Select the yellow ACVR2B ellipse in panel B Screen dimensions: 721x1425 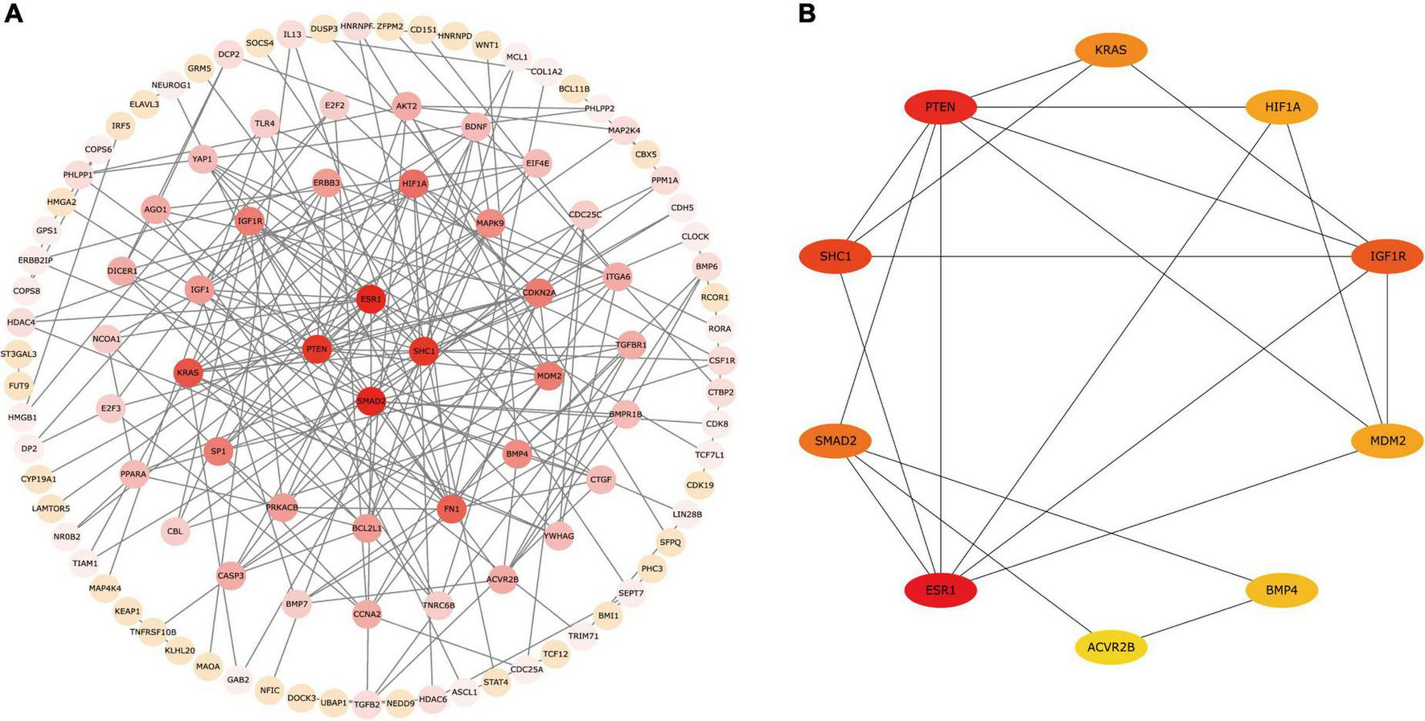tap(1111, 647)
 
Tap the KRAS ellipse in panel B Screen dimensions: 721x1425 tap(1111, 50)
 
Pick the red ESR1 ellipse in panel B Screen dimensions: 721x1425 tap(940, 591)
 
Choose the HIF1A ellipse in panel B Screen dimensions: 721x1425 tap(1281, 107)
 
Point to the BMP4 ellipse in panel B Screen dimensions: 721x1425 tap(1281, 591)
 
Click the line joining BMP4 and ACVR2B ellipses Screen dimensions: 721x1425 tap(1197, 619)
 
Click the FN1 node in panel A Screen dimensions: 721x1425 tap(452, 509)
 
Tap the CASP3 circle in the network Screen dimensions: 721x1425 tap(231, 576)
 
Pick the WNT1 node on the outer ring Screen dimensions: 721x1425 tap(487, 45)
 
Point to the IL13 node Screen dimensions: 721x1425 tap(292, 35)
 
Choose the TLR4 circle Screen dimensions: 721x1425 tap(265, 124)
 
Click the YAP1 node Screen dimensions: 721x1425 tap(202, 159)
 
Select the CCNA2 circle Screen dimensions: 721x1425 tap(367, 614)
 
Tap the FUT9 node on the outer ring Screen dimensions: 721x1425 tap(18, 386)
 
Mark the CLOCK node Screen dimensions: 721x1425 tap(695, 236)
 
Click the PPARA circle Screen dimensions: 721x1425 tap(133, 474)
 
